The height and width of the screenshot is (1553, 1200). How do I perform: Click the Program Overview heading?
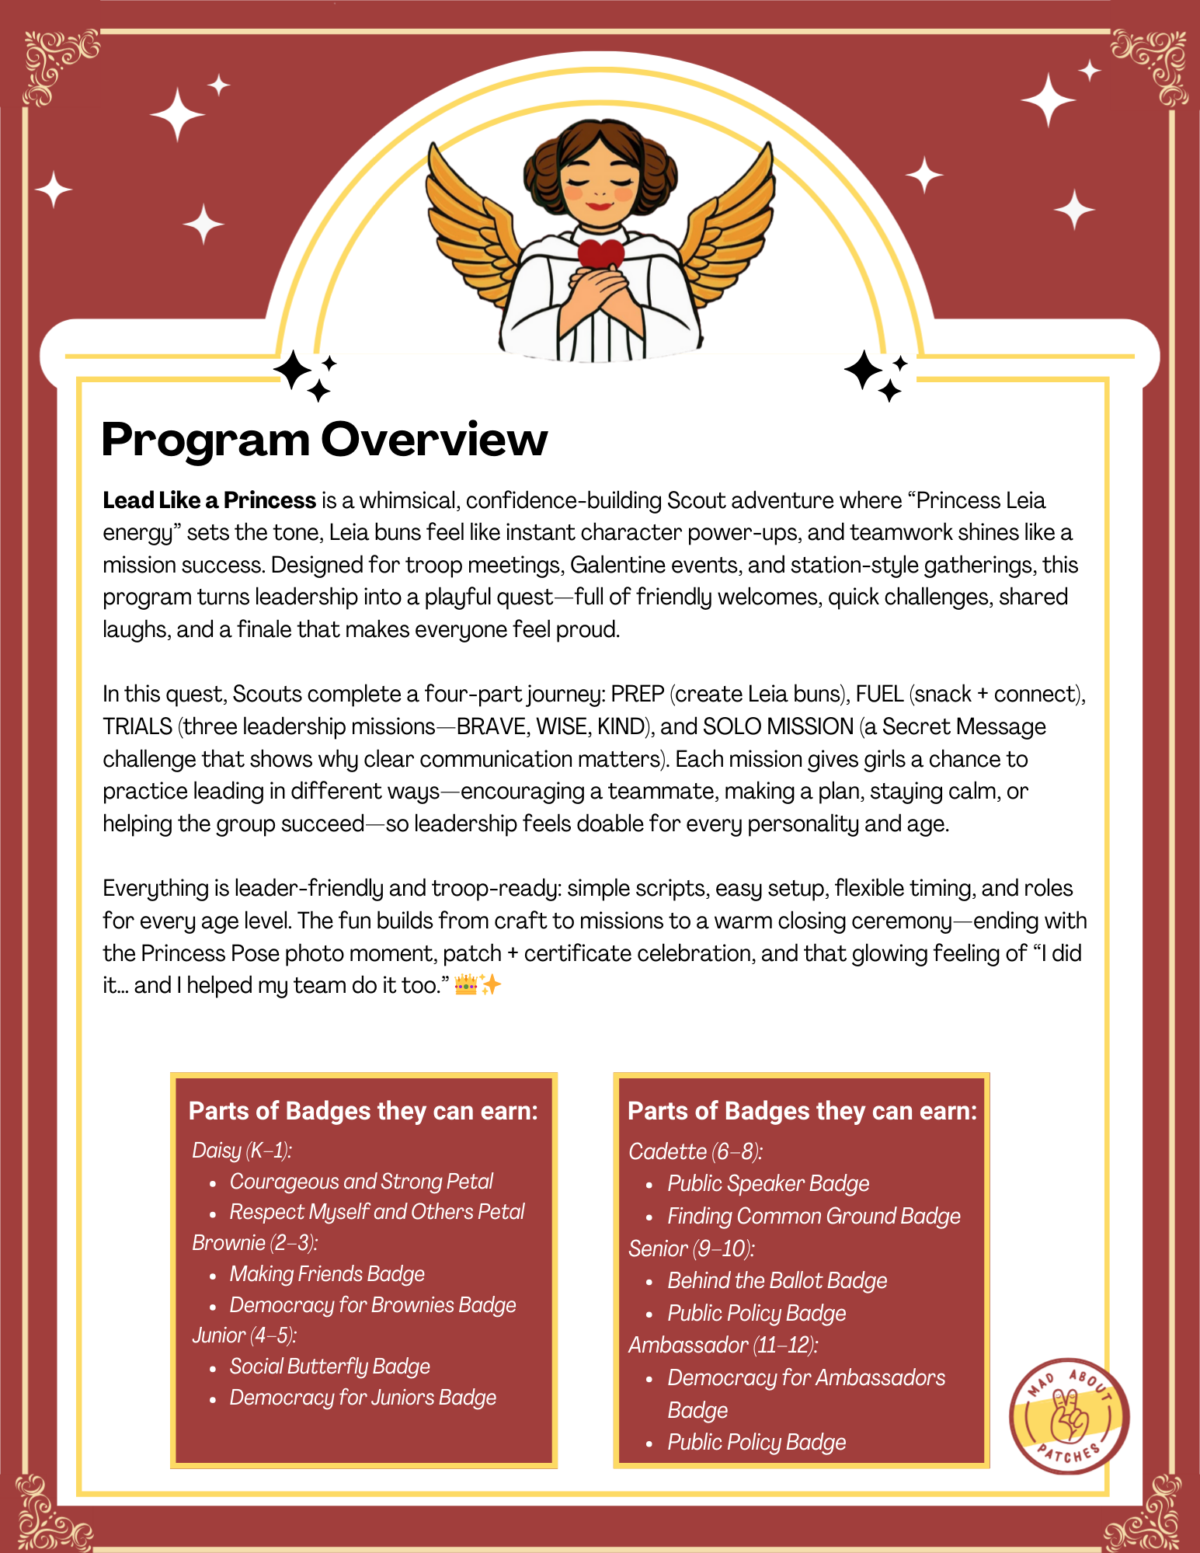point(324,440)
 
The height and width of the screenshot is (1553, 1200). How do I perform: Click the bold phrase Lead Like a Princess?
point(209,500)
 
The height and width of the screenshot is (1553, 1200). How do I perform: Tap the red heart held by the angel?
point(600,253)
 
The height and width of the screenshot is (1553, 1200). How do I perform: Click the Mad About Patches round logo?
point(1069,1415)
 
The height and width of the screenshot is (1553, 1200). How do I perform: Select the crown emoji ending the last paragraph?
point(465,986)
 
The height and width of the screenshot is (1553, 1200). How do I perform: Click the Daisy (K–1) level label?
point(242,1150)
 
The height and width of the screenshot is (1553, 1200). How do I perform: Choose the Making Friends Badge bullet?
point(327,1274)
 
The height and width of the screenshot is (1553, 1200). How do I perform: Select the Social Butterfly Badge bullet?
point(329,1367)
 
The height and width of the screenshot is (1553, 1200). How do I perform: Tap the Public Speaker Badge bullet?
point(768,1183)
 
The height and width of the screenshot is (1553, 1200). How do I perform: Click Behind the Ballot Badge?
point(777,1280)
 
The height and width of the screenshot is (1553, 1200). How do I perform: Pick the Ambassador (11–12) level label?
point(723,1345)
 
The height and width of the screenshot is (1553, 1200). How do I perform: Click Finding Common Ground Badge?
point(813,1216)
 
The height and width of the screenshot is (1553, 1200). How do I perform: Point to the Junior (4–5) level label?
point(245,1335)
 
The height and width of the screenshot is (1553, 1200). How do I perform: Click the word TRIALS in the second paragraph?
point(137,726)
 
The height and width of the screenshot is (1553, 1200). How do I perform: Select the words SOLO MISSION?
point(777,726)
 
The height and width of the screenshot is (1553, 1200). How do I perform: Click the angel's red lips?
point(599,206)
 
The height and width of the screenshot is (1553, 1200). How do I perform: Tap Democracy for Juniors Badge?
point(363,1398)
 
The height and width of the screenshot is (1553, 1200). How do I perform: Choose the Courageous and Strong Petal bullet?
point(361,1182)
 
